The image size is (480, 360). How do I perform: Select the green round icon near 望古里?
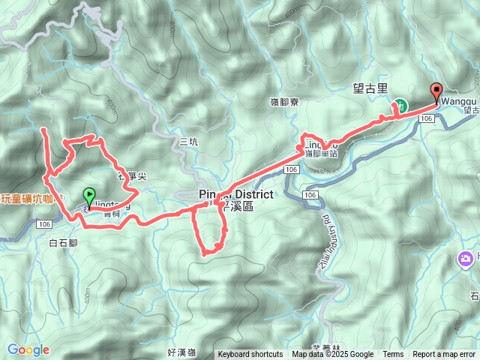pos(401,106)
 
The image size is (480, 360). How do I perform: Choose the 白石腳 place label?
pos(63,243)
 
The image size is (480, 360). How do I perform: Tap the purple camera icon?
pos(466,259)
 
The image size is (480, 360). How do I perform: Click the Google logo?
pos(28,349)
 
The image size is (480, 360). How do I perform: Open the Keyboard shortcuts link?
pos(250,355)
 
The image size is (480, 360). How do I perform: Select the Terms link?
pos(393,355)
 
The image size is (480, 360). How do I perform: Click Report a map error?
pos(444,355)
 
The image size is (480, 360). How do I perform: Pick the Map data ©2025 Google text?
pos(332,355)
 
